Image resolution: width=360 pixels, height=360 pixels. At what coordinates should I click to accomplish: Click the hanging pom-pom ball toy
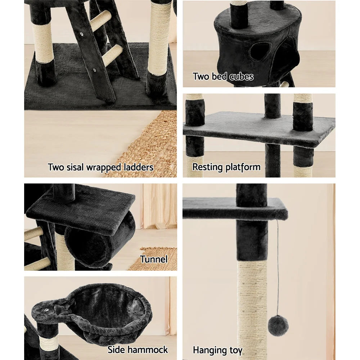(x=278, y=325)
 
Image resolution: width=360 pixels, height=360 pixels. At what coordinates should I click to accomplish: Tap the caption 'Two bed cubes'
(x=223, y=76)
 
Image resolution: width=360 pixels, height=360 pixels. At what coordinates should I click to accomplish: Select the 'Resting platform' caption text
(x=226, y=167)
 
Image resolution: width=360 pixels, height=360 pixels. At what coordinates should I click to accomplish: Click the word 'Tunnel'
(x=154, y=259)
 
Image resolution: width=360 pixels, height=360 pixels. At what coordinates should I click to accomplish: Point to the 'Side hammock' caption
(x=138, y=350)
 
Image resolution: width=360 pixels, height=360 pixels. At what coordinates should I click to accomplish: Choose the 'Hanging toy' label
(x=217, y=350)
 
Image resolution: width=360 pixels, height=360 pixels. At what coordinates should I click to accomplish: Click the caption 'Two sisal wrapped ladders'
(x=100, y=167)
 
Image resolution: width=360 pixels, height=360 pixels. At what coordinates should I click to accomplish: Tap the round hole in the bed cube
(x=260, y=51)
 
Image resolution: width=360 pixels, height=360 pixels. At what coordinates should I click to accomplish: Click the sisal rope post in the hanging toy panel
(x=252, y=306)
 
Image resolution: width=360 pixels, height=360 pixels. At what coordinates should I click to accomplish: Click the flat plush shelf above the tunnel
(x=83, y=211)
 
